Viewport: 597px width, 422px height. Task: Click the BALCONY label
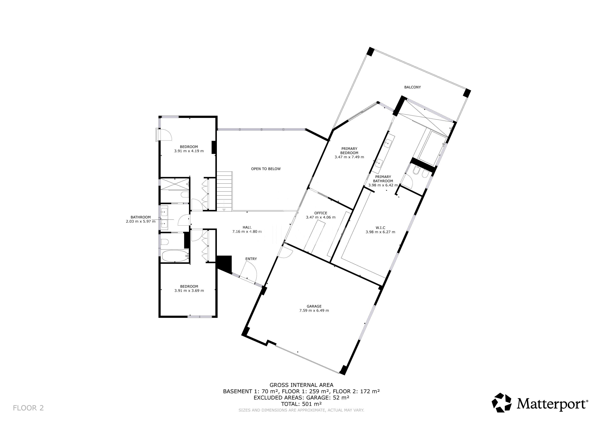click(x=412, y=87)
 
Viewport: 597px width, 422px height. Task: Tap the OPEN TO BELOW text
click(x=266, y=169)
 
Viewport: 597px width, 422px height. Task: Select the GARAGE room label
click(x=314, y=306)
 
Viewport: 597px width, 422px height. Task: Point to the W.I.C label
click(x=380, y=228)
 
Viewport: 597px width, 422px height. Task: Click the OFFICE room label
click(x=321, y=213)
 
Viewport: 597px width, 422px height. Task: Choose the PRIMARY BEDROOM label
click(x=349, y=151)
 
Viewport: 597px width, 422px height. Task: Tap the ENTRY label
click(x=251, y=259)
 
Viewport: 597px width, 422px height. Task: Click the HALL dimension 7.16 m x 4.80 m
click(x=247, y=232)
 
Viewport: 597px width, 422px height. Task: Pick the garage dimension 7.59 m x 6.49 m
click(x=314, y=311)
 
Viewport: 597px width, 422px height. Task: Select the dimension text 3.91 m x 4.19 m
click(x=189, y=151)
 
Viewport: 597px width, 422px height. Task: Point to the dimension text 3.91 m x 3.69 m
click(x=189, y=291)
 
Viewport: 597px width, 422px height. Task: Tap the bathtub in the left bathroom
click(x=175, y=256)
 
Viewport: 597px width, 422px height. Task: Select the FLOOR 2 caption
click(x=28, y=408)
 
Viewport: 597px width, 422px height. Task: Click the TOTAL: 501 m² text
click(x=301, y=404)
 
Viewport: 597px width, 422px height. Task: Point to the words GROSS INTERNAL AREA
click(x=301, y=385)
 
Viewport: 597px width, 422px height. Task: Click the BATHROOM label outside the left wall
click(x=141, y=217)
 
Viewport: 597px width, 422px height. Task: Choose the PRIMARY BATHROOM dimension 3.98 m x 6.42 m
click(x=383, y=185)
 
